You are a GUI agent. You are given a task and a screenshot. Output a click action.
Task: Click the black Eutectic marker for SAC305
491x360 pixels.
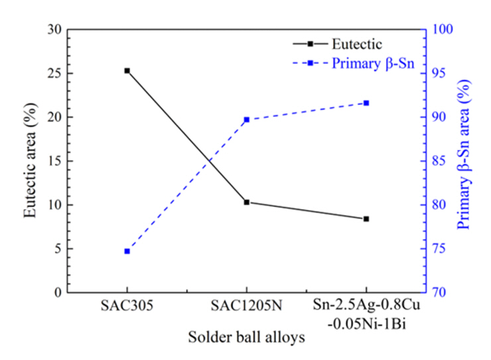tap(127, 70)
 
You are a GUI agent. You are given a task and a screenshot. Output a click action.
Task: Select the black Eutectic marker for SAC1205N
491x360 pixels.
tap(246, 202)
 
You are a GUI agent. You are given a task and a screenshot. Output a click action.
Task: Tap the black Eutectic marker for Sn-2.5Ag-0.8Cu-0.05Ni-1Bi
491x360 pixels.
tap(366, 219)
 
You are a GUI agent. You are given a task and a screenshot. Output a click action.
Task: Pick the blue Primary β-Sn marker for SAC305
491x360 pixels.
tap(127, 251)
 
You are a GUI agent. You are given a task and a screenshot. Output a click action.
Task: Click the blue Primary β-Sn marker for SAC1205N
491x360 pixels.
tap(246, 120)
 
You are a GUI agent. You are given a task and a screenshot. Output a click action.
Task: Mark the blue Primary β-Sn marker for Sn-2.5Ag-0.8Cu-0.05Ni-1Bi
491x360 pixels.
tap(366, 103)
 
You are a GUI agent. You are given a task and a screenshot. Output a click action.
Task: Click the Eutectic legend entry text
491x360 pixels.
tap(357, 45)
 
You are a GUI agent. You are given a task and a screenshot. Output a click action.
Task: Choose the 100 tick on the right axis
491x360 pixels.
tap(441, 29)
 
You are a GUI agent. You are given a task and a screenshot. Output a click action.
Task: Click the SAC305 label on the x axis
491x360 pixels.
tap(127, 307)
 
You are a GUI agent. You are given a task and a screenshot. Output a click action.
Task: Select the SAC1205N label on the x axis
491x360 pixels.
tap(246, 307)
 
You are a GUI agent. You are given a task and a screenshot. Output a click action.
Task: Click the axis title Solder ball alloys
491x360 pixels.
tap(246, 337)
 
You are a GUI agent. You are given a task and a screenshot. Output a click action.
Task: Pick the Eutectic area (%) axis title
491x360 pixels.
tap(30, 161)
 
